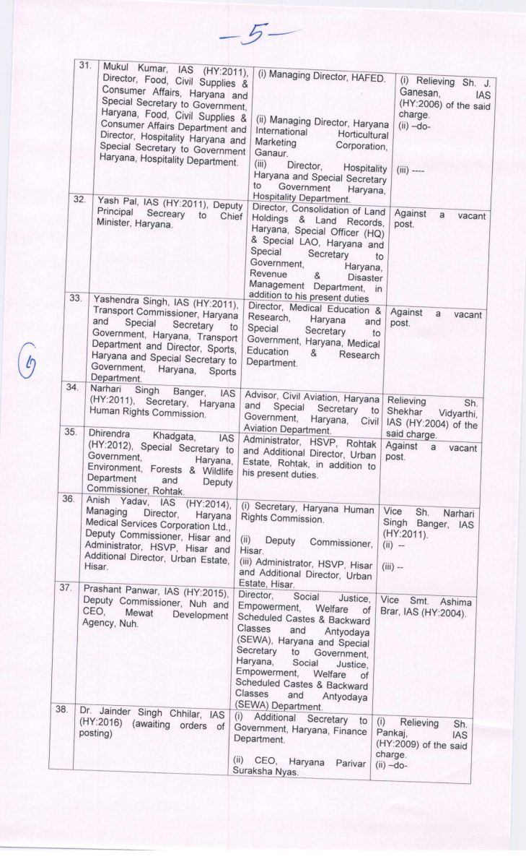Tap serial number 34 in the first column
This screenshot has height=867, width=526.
pos(72,388)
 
